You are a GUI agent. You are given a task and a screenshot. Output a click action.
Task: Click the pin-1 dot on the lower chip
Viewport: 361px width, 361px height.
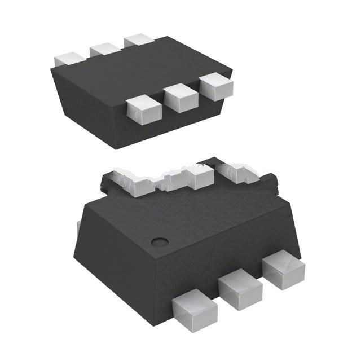161,242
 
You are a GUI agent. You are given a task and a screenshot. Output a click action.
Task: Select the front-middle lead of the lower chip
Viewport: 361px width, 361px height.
239,288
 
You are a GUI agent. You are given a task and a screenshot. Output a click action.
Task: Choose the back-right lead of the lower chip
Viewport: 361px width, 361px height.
237,171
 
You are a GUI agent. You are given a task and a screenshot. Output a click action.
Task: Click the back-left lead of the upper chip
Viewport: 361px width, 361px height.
69,59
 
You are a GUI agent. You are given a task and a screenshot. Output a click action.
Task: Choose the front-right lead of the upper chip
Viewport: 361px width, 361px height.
217,86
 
